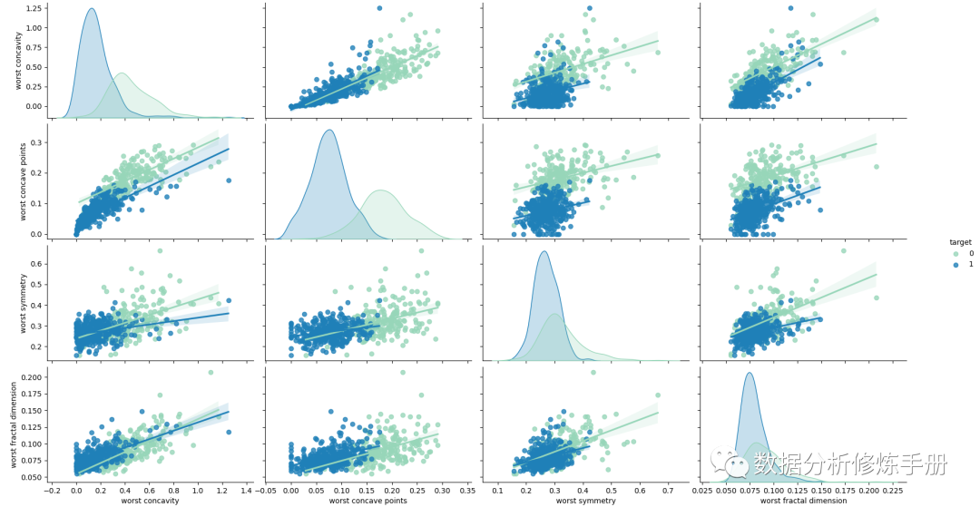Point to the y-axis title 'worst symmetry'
point(18,305)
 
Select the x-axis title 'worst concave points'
point(366,501)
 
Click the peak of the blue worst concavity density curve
point(91,9)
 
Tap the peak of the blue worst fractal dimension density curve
point(750,373)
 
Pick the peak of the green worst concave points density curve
point(380,190)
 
